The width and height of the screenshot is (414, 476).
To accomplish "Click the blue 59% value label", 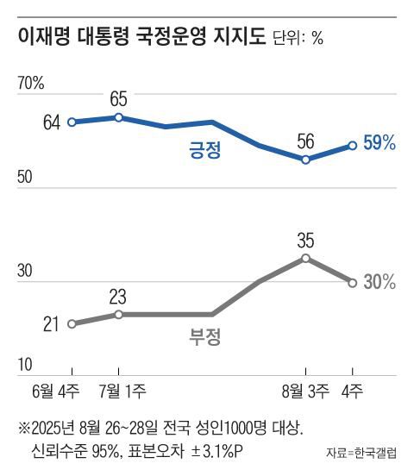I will [x=379, y=144].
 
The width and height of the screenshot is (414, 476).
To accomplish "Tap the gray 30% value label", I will [x=379, y=282].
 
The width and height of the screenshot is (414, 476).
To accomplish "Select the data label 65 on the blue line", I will [x=118, y=97].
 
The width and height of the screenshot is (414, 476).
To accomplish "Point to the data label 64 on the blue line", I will [x=51, y=122].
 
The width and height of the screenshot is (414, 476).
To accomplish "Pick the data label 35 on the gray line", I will [x=304, y=237].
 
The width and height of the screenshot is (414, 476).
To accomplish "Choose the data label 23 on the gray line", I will [x=118, y=296].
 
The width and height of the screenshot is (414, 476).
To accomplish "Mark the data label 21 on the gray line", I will [x=51, y=324].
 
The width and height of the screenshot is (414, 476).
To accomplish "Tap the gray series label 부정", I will [x=205, y=336].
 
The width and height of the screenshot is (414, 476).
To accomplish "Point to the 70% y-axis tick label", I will [x=31, y=83].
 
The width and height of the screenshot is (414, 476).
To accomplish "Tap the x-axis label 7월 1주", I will [x=121, y=392].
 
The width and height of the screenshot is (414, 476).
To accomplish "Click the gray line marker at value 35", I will [x=304, y=257].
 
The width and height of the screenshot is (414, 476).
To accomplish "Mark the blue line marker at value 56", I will [x=304, y=160].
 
